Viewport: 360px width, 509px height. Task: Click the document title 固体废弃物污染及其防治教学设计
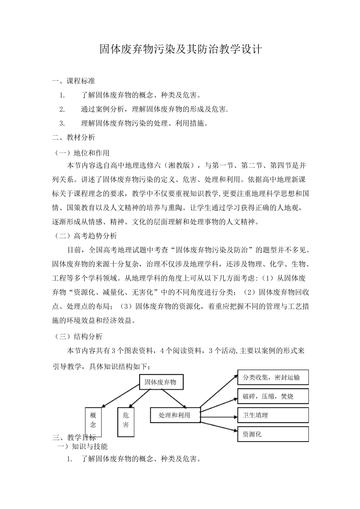click(x=180, y=49)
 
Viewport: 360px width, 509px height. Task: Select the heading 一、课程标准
click(x=74, y=81)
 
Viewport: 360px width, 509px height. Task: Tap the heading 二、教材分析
click(x=74, y=137)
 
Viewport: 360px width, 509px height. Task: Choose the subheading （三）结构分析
click(x=77, y=336)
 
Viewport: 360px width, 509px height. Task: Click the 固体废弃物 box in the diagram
click(x=161, y=382)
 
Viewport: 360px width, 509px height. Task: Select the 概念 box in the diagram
click(x=93, y=420)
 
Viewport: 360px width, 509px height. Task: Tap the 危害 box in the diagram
click(x=126, y=420)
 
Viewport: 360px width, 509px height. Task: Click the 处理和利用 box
click(x=175, y=415)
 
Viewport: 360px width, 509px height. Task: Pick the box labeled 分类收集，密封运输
click(x=273, y=377)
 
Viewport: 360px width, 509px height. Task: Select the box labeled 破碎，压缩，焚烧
click(x=273, y=397)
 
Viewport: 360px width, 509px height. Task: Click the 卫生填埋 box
click(x=273, y=415)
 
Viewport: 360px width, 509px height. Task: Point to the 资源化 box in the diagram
click(x=273, y=434)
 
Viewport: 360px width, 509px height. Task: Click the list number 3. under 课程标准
click(x=63, y=123)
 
